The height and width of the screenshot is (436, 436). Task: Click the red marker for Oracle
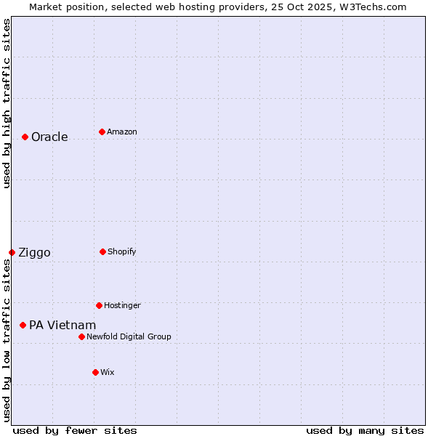(x=25, y=137)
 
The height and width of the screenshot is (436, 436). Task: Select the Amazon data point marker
(x=102, y=132)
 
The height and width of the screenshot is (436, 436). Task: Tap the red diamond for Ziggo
(x=12, y=252)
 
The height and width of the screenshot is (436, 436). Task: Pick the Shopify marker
(x=102, y=251)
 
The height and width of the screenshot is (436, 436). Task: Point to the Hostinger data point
(x=99, y=305)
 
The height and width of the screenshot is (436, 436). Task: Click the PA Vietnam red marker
(x=23, y=325)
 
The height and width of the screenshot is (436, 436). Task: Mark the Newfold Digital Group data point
(x=81, y=336)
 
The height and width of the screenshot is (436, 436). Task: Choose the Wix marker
(x=95, y=372)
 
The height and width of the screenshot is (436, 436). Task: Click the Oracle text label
(x=49, y=137)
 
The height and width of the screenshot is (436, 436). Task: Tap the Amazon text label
(x=122, y=132)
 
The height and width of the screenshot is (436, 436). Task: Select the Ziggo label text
(x=34, y=252)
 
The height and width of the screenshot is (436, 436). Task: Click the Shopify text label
(x=122, y=251)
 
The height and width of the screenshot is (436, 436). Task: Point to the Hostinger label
(x=122, y=305)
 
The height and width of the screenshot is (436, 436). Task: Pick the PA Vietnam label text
(x=62, y=325)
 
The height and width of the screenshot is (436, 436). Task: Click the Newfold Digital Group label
(x=129, y=336)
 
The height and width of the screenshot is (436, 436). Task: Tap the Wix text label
(x=108, y=372)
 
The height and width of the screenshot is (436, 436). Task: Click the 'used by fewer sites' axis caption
(x=74, y=430)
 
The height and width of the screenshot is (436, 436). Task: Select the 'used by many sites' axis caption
(x=365, y=430)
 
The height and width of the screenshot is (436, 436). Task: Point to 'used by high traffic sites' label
(x=7, y=103)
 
